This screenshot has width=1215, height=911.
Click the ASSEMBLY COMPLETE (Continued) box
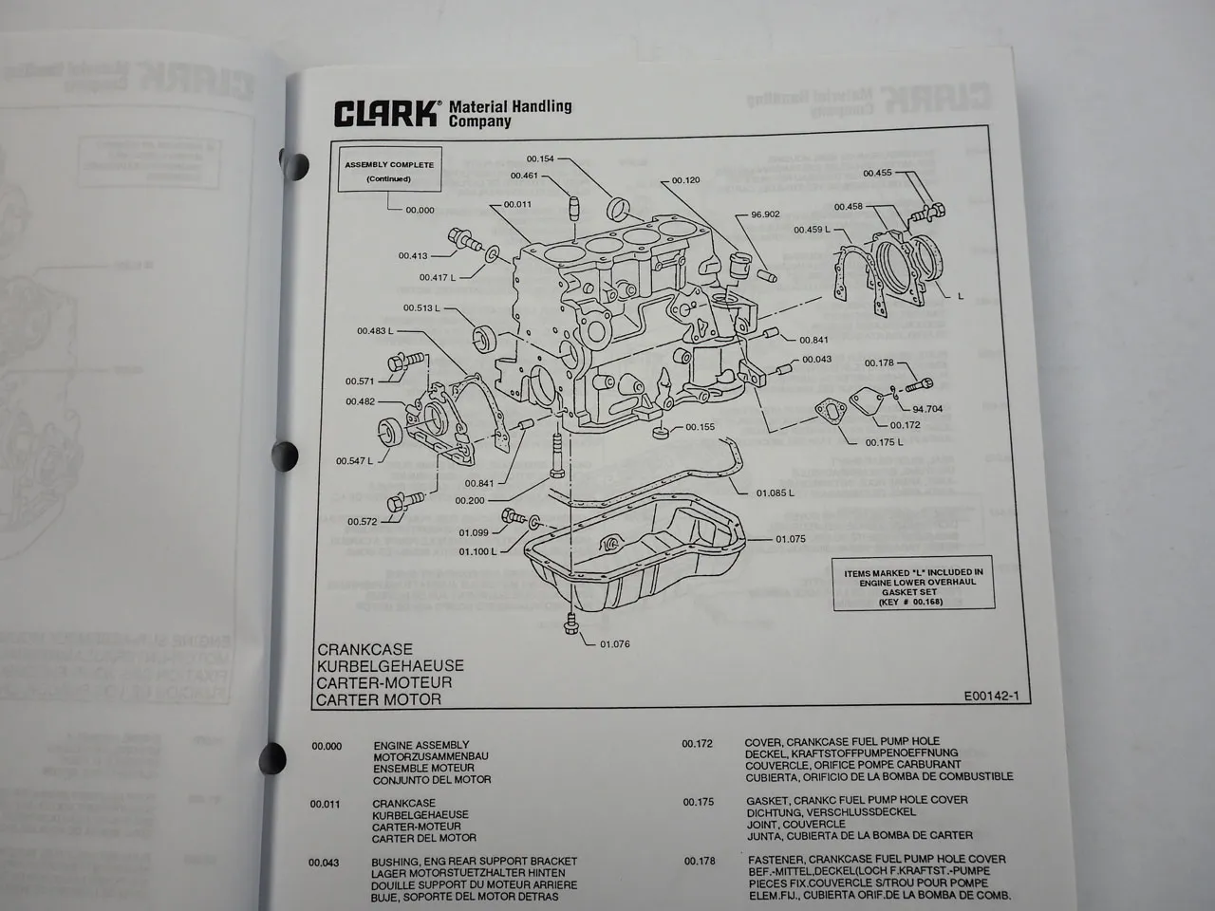coord(389,172)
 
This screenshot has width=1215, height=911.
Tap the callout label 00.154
coord(539,158)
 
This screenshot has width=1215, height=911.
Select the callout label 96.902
coord(765,214)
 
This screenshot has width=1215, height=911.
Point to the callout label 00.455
coord(877,173)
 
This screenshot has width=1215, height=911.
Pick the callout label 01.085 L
coord(775,493)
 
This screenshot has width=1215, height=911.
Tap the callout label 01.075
coord(790,539)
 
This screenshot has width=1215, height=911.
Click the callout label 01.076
coord(614,644)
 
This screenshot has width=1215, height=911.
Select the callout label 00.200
coord(470,500)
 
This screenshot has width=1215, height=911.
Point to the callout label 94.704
coord(927,410)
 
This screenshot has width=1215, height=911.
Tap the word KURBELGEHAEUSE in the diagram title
coord(378,666)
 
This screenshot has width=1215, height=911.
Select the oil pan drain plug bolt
coord(570,624)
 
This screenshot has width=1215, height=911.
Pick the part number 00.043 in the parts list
coord(325,862)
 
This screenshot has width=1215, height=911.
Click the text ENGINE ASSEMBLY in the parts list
coord(421,746)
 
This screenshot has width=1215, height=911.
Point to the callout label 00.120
coord(685,180)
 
